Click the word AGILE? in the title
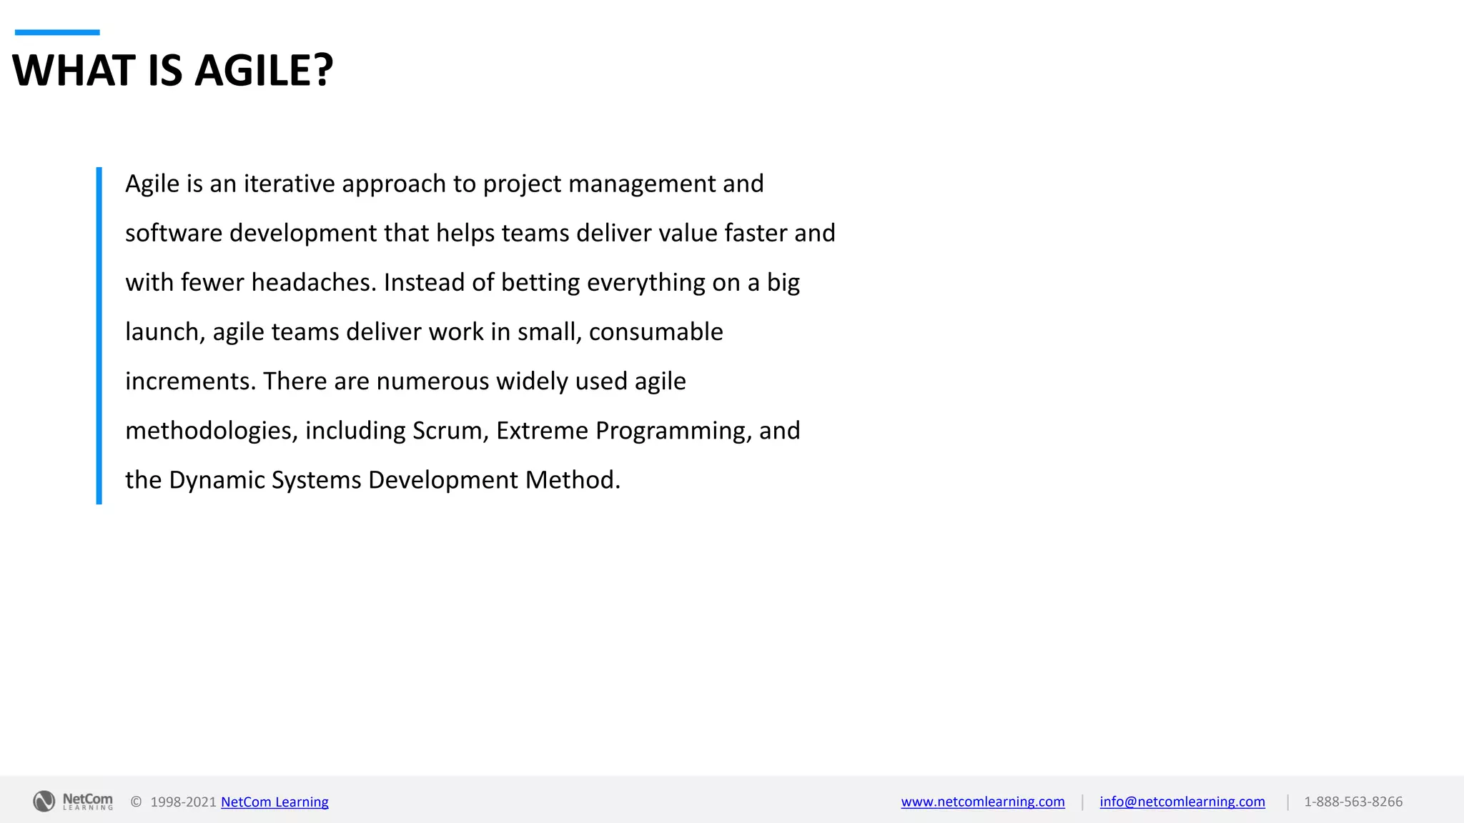click(x=264, y=71)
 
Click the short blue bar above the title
click(x=57, y=32)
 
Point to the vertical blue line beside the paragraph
click(x=99, y=336)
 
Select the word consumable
click(x=656, y=332)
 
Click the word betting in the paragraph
click(x=540, y=283)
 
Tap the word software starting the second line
click(x=174, y=234)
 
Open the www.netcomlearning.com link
click(x=982, y=802)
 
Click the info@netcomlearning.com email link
click(x=1182, y=802)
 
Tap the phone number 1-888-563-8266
click(x=1352, y=802)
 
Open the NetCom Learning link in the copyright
click(x=274, y=802)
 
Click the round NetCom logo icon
click(x=44, y=802)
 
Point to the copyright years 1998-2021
click(x=183, y=802)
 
